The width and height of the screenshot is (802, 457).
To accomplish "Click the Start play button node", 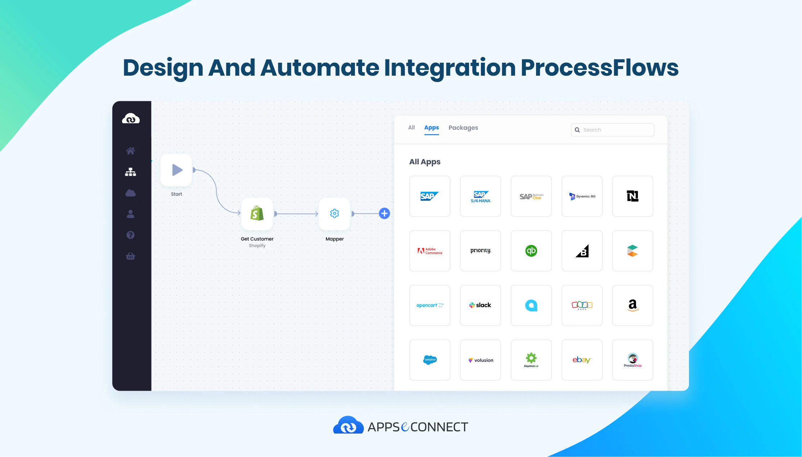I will coord(176,170).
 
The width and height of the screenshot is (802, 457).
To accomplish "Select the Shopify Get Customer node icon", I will coord(257,214).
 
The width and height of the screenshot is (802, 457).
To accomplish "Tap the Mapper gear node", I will coord(334,214).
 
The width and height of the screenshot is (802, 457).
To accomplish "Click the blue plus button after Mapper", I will coord(384,213).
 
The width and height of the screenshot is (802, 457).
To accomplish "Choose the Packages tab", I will coord(463,128).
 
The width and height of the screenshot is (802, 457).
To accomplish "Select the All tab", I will coord(411,128).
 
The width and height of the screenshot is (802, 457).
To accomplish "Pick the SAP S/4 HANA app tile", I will coord(480,196).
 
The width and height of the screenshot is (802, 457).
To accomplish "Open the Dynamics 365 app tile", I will coord(582,196).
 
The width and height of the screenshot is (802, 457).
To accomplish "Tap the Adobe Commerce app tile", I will coord(429,251).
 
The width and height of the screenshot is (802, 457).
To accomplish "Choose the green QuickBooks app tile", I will coord(531,251).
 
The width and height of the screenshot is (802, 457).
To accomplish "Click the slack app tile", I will coord(480,305).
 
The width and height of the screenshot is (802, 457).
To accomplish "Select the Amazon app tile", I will coord(632,305).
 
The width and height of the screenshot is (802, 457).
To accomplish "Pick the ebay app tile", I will coord(582,360).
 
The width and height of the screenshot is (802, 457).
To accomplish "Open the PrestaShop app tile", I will coord(632,360).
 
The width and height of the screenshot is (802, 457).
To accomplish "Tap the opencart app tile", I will coord(429,305).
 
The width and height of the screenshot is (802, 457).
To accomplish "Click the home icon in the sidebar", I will coord(130,151).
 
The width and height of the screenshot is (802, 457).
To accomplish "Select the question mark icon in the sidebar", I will coord(130,235).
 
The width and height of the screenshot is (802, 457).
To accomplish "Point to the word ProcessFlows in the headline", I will coord(599,68).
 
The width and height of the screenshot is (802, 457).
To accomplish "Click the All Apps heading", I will coord(425,162).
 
